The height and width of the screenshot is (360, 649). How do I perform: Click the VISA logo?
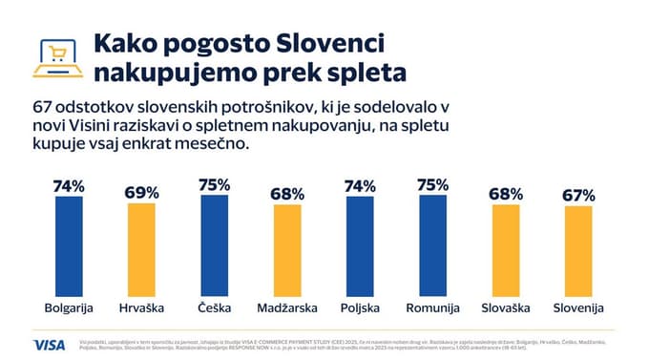click(x=49, y=344)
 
